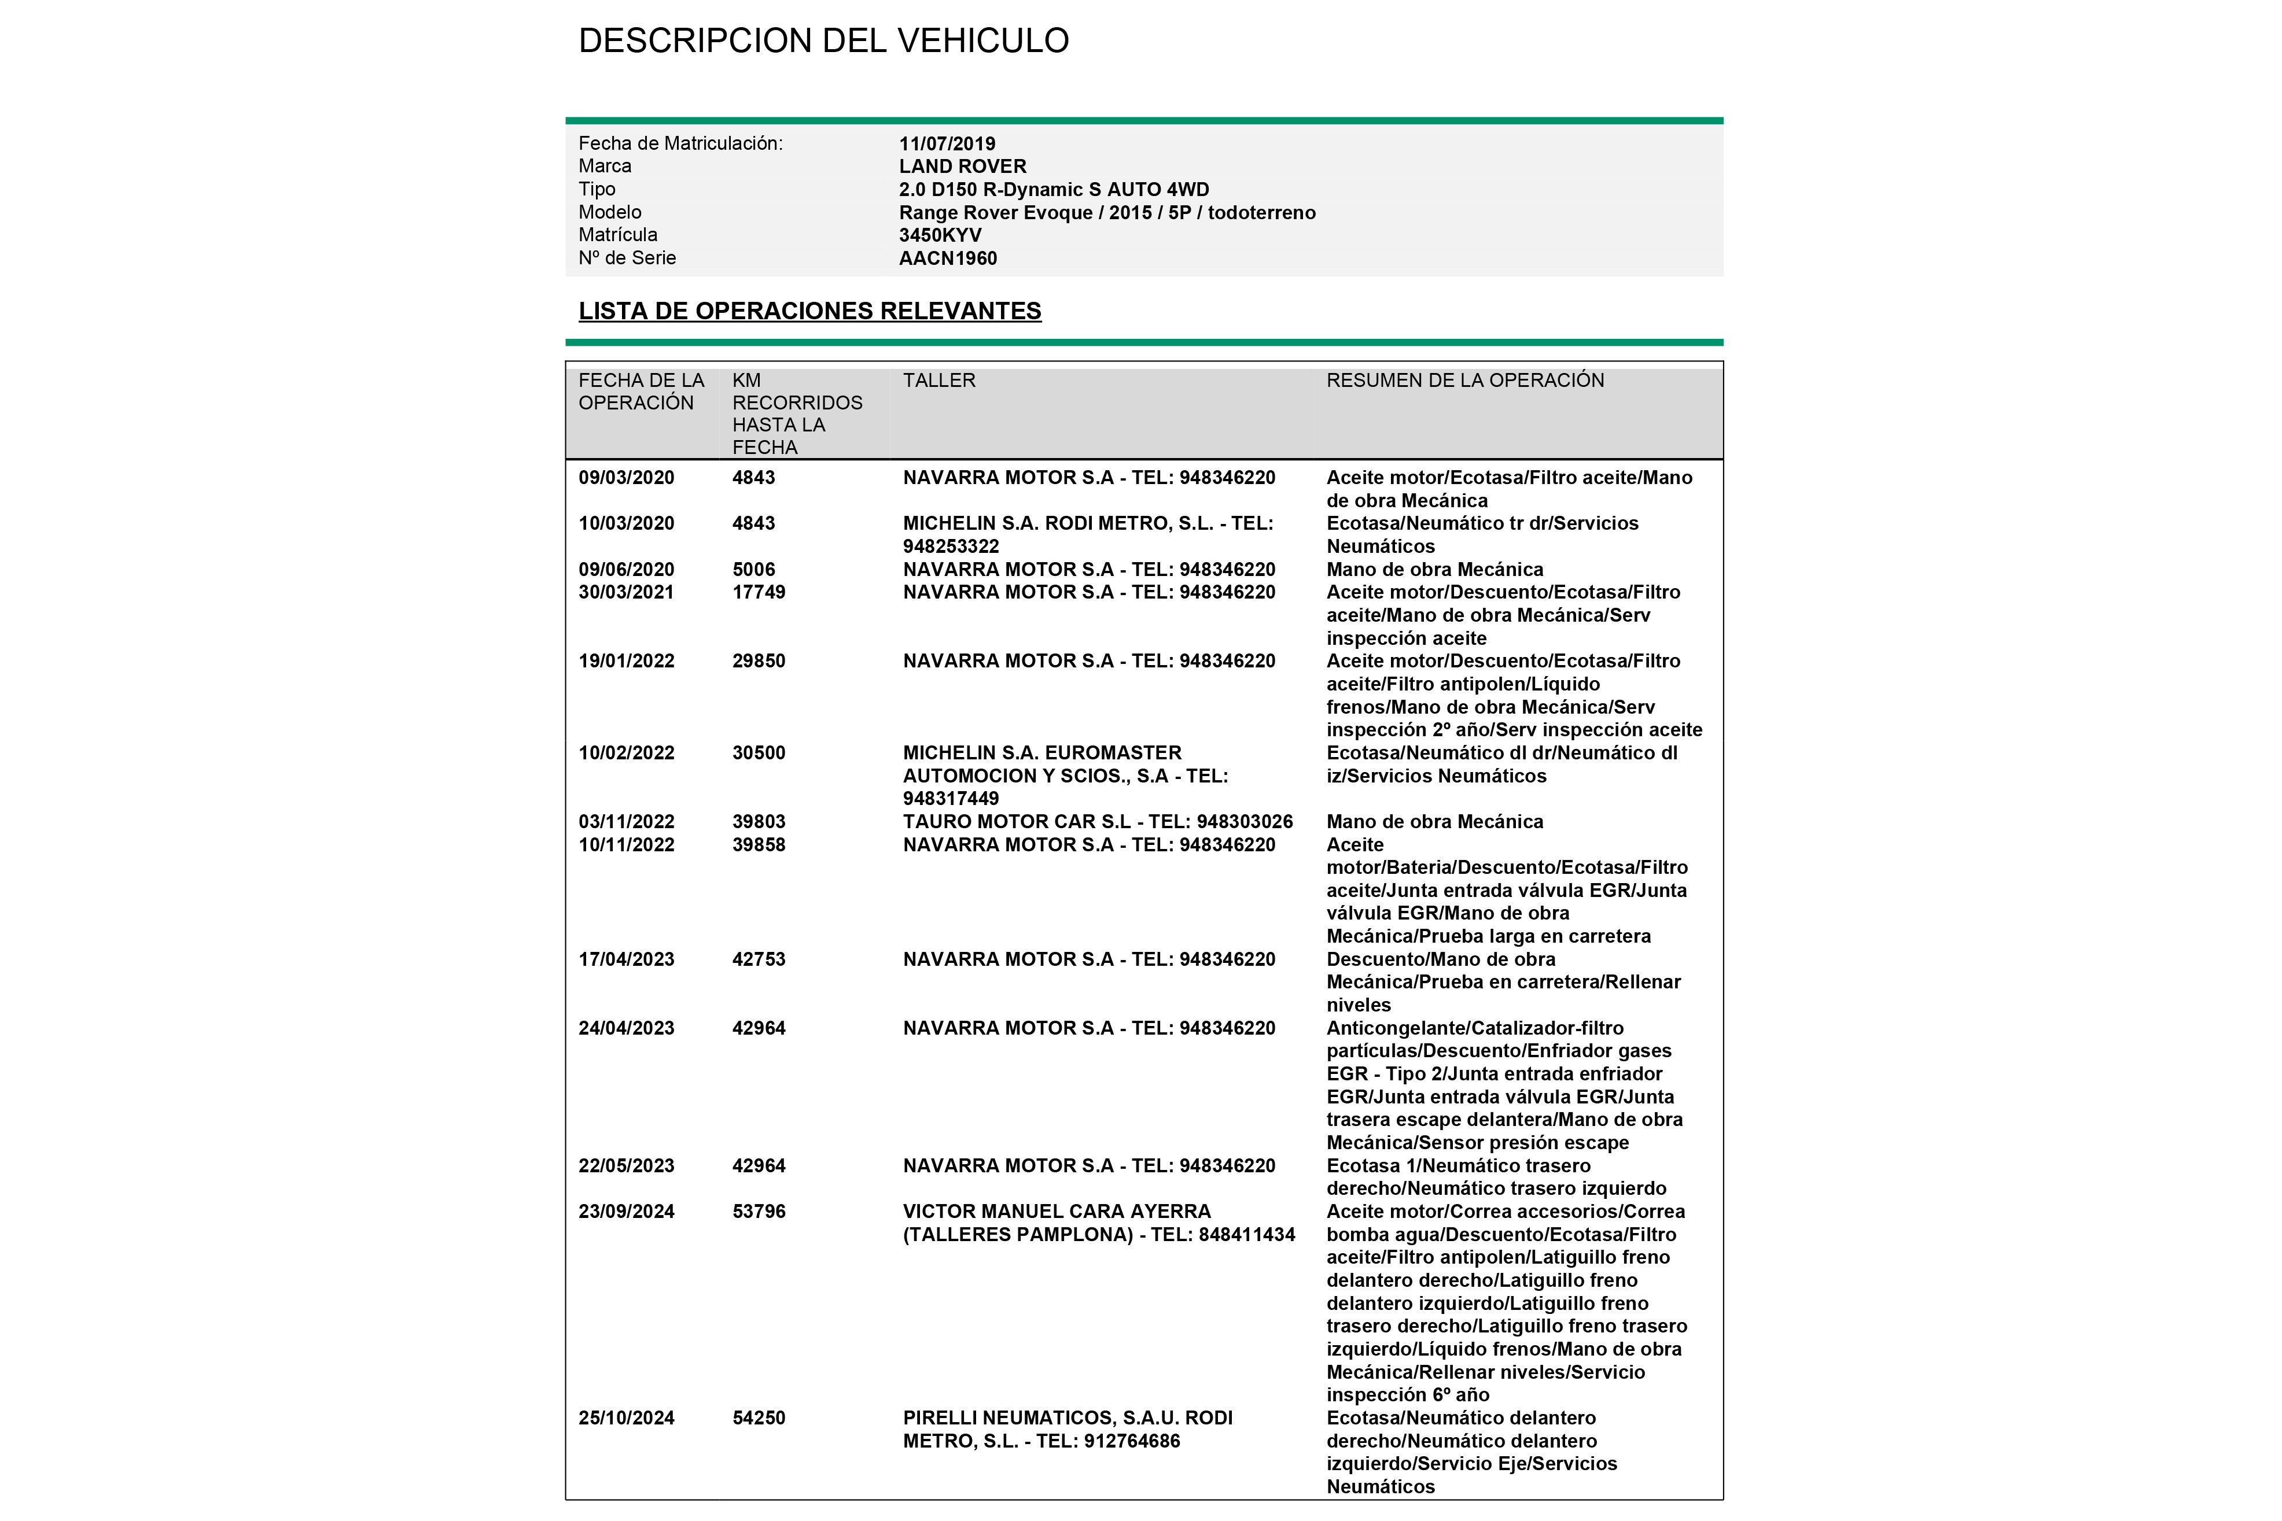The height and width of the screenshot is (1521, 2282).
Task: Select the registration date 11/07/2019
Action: (947, 143)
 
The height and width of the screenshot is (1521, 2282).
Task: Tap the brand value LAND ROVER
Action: (962, 167)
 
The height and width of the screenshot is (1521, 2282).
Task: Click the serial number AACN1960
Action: (948, 258)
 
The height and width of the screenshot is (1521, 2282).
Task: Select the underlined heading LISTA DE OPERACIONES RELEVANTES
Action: (809, 311)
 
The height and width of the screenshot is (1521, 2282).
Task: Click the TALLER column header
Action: (939, 381)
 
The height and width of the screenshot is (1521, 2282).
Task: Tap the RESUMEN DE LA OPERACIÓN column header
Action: (1465, 381)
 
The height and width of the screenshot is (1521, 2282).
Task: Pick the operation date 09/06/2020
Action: (626, 570)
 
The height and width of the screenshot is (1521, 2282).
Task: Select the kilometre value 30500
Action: (759, 753)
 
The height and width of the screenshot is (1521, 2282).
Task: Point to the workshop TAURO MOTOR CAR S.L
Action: (1017, 822)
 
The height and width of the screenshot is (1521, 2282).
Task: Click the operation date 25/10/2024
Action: (626, 1418)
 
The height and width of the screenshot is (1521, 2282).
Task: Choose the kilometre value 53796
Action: (759, 1212)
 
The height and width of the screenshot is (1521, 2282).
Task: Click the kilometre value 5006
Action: (754, 570)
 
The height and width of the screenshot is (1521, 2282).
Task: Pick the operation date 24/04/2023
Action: (626, 1028)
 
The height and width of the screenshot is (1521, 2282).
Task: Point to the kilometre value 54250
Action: (759, 1418)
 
